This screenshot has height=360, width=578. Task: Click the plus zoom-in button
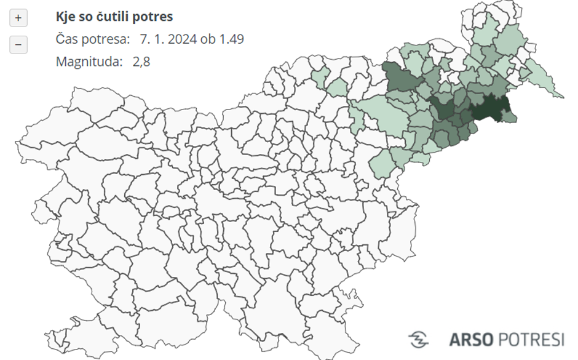coord(18,18)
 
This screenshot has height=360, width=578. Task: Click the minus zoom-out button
coord(18,45)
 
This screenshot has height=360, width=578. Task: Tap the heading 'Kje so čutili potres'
coord(114,17)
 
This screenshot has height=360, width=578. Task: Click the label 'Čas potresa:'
coord(93,39)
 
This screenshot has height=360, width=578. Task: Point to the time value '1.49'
coord(231,39)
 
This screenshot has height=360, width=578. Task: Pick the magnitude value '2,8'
coord(141,62)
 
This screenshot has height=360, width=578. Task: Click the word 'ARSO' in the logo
coord(470,339)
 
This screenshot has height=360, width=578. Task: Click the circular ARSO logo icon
coord(419,339)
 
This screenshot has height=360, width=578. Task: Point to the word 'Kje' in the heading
coord(66,17)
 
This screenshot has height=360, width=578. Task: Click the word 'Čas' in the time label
coord(67,39)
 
